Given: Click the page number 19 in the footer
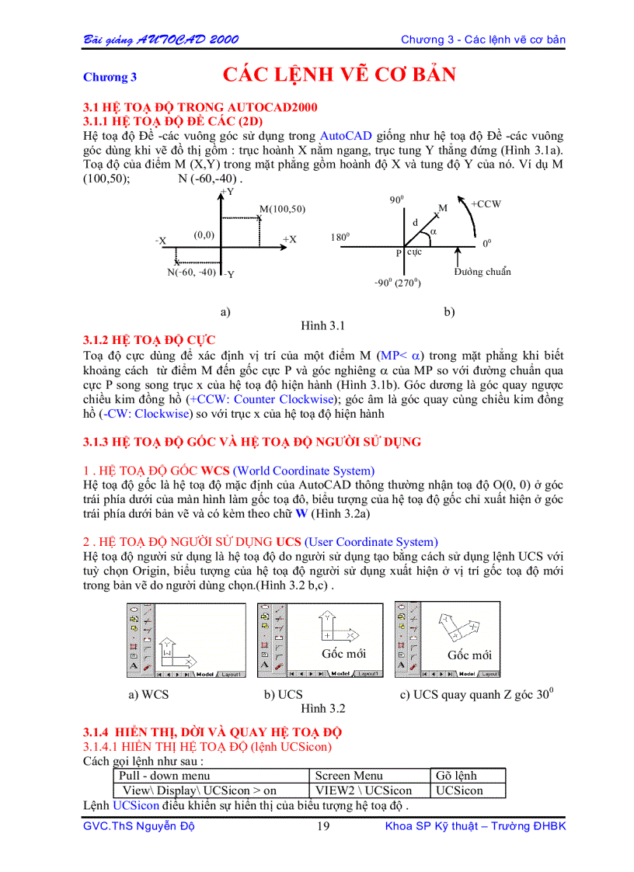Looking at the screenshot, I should (x=323, y=825).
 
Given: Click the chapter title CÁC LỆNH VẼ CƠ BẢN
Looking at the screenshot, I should (x=339, y=75).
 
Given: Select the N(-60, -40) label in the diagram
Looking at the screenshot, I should (x=191, y=272).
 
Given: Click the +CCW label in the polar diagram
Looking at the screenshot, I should (x=486, y=204).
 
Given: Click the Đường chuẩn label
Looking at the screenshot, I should (x=482, y=272).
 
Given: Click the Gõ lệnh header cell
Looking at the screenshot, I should (x=457, y=775).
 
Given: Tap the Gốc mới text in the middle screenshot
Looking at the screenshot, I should (x=343, y=654).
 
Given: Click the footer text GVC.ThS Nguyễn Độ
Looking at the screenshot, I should (x=138, y=825).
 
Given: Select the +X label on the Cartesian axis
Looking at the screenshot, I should (x=289, y=239).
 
